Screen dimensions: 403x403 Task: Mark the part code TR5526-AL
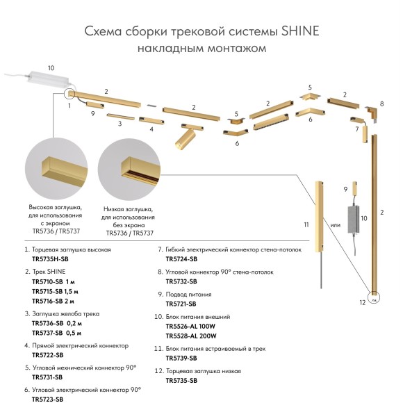pyautogui.click(x=181, y=326)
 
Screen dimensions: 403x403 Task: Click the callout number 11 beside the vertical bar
pyautogui.click(x=306, y=224)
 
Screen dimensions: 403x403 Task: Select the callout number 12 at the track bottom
pyautogui.click(x=361, y=303)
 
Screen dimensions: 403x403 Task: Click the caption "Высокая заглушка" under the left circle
pyautogui.click(x=55, y=207)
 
